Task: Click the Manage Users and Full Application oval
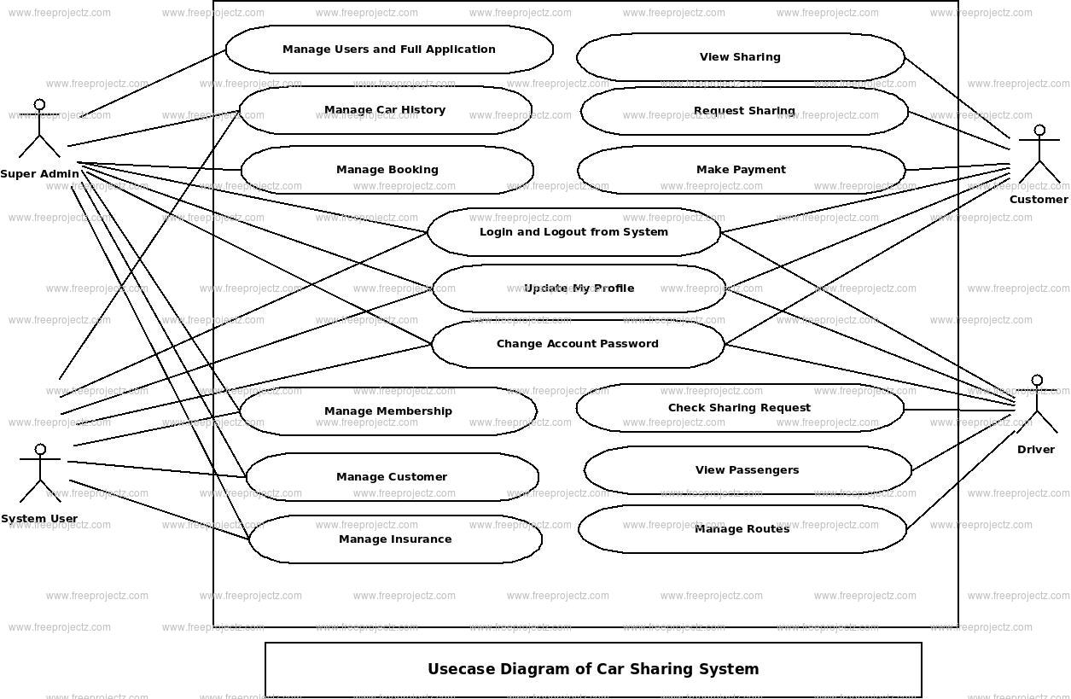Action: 389,50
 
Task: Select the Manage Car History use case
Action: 385,110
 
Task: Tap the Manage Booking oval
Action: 387,170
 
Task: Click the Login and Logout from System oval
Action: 573,232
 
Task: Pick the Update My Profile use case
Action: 579,288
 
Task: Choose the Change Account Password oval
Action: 578,344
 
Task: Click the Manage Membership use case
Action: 388,411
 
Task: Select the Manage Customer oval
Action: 392,477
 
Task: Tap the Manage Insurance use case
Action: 395,539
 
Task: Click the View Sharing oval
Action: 740,57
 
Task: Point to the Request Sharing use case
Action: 744,111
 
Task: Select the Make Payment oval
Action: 741,170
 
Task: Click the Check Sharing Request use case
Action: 739,408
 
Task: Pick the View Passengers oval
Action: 748,470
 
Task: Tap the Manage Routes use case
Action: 742,529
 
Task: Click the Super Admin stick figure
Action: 39,129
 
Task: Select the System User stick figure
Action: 39,473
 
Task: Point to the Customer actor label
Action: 1039,200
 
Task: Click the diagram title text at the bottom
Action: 593,669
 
